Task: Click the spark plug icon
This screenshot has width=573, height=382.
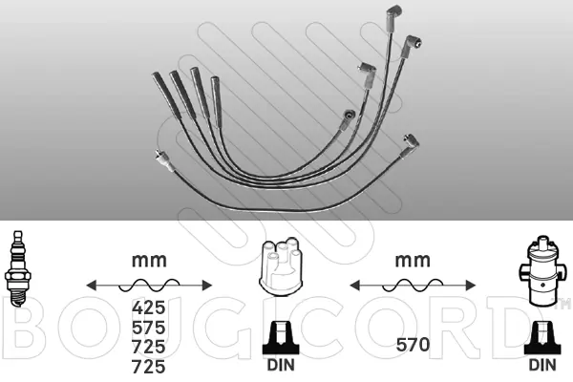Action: pos(17,268)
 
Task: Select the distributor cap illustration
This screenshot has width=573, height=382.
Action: pos(280,266)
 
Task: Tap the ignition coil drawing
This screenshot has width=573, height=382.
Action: pos(542,271)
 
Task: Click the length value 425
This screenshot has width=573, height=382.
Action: pos(149,308)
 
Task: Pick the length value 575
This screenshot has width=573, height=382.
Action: pos(149,328)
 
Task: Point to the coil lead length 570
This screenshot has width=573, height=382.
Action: pos(413,345)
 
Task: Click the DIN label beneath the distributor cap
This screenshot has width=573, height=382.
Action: pos(281,365)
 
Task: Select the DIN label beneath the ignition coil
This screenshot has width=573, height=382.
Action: pos(542,365)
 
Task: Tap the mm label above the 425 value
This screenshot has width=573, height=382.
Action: pos(149,261)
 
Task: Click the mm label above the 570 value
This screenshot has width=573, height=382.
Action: pos(413,261)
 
